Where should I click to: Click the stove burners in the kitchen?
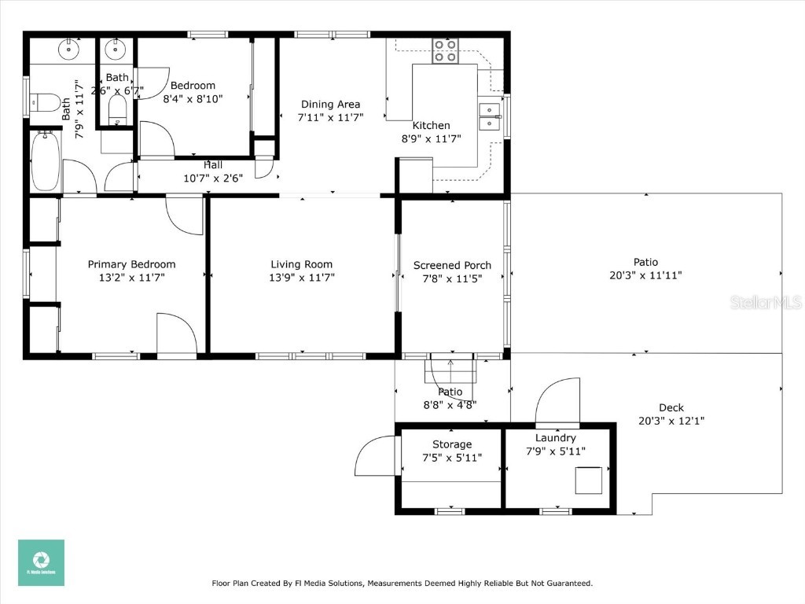(445, 50)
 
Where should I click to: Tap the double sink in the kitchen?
(490, 116)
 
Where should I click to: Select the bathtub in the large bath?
(46, 161)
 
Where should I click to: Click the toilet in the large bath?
(46, 102)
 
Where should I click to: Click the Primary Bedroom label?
(131, 264)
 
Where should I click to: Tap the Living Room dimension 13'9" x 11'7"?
(302, 278)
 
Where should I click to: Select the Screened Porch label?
(452, 265)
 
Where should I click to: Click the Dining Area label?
(330, 104)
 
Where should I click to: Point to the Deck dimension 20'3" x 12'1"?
(671, 421)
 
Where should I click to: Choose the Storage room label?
(451, 444)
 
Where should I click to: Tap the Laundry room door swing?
(558, 402)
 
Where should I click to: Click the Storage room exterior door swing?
(373, 456)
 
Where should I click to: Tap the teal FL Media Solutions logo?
(41, 562)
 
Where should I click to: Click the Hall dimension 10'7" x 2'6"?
(212, 178)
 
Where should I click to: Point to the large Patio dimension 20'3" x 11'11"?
(645, 275)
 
